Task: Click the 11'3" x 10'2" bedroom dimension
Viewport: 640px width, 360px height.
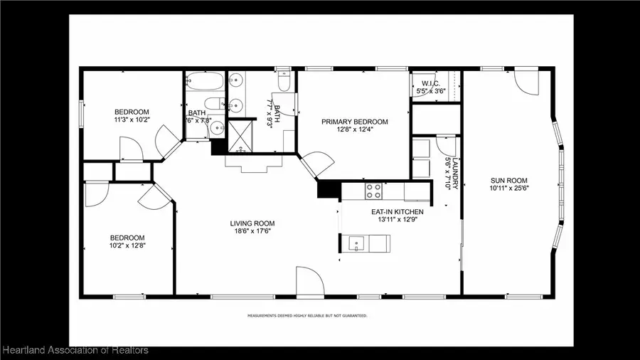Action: point(132,120)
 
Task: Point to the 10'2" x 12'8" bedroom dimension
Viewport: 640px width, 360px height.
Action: point(127,246)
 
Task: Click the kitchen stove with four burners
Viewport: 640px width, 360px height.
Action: point(373,191)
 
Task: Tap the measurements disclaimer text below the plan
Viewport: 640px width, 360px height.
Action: point(307,314)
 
